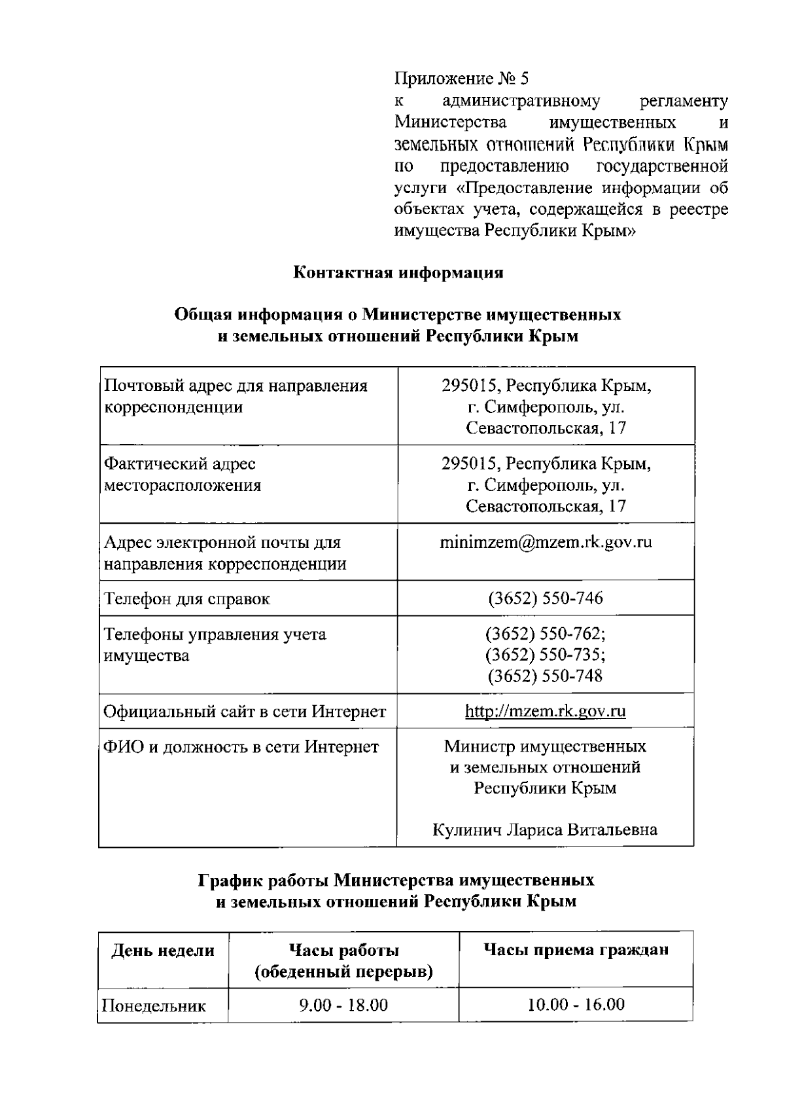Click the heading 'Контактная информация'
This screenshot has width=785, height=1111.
click(x=398, y=272)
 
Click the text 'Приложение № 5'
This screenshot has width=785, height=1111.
click(x=461, y=79)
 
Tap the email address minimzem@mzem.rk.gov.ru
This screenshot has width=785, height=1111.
click(x=546, y=542)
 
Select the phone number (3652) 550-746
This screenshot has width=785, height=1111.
click(x=546, y=598)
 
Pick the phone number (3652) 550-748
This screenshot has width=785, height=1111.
click(x=546, y=676)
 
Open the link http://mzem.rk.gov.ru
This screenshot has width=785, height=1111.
click(x=546, y=711)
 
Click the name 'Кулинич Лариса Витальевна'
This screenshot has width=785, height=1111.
click(x=545, y=830)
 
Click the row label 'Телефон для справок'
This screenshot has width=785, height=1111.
click(x=187, y=599)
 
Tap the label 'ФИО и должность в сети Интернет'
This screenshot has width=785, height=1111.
click(x=241, y=747)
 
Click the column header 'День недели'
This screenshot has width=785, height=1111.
click(x=163, y=951)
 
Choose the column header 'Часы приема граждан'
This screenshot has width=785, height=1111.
click(x=576, y=950)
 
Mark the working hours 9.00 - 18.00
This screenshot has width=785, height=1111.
click(x=343, y=1005)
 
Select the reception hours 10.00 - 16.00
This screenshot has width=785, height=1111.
click(x=576, y=1004)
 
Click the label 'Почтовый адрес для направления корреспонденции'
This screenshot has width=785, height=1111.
click(x=236, y=396)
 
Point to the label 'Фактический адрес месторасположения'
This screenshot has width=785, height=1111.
click(x=183, y=474)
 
